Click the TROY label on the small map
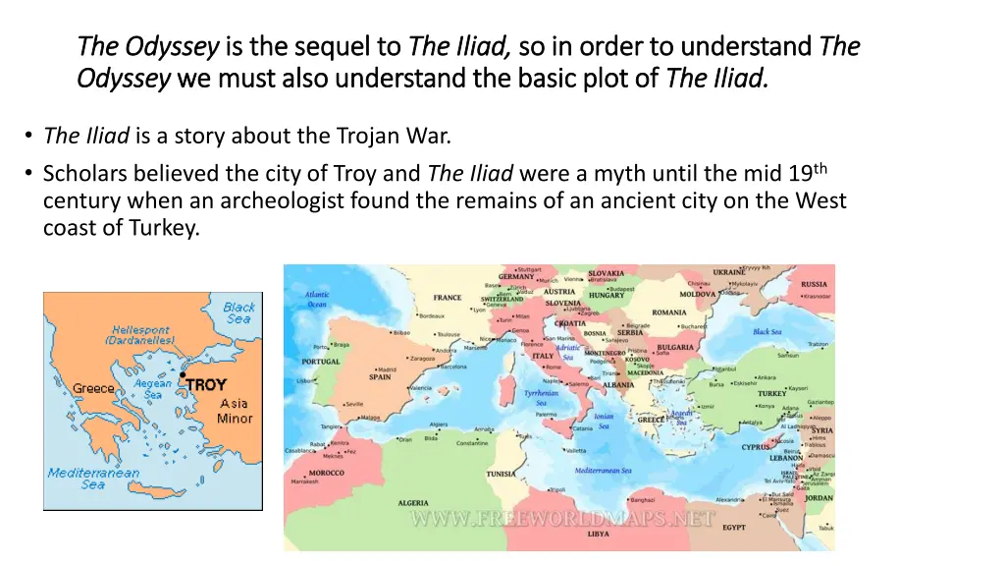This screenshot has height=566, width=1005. (206, 385)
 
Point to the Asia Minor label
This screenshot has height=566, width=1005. (235, 411)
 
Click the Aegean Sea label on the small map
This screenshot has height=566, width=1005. (152, 389)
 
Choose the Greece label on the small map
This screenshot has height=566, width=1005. (93, 388)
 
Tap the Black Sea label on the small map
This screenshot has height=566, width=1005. (238, 312)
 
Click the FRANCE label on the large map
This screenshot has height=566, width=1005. (448, 298)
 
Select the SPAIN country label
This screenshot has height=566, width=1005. (380, 376)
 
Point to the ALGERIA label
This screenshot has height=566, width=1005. (412, 502)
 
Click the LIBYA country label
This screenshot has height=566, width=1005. (598, 534)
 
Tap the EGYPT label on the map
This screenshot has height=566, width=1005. (734, 527)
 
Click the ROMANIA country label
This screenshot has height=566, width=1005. (668, 312)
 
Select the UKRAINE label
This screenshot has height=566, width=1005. (728, 272)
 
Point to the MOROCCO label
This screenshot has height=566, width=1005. (327, 473)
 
